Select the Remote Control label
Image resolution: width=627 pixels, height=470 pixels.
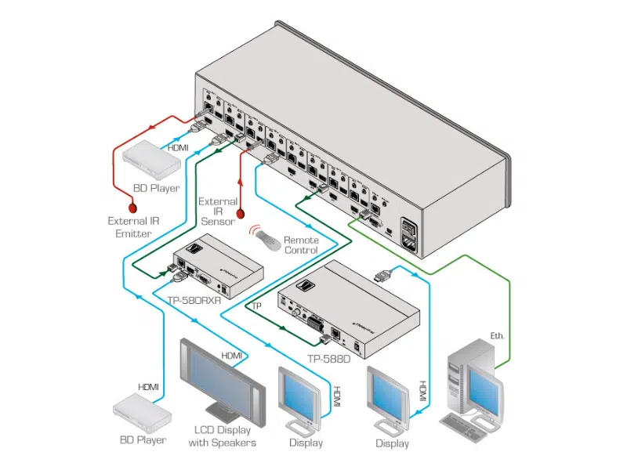tap(301, 244)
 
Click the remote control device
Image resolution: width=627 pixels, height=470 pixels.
tap(266, 239)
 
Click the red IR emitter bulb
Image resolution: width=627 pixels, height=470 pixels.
tap(133, 209)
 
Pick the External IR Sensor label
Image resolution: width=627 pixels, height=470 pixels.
tap(218, 211)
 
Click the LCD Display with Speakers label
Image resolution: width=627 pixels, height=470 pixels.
tap(222, 436)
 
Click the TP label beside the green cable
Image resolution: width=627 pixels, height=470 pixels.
tap(255, 305)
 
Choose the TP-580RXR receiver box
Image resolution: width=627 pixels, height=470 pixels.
tap(216, 266)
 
